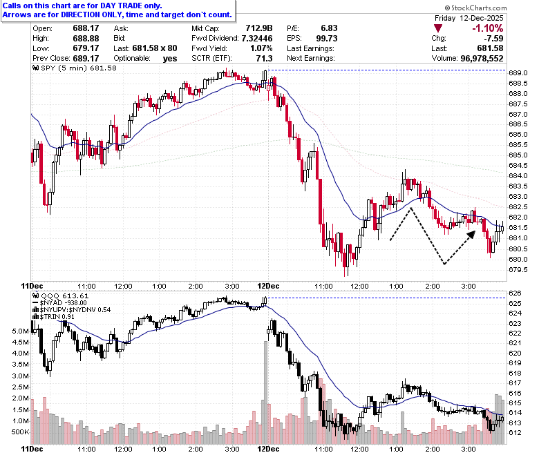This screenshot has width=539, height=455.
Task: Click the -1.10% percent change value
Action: (x=487, y=28)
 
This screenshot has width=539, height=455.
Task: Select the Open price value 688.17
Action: (x=86, y=28)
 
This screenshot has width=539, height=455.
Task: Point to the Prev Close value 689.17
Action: (x=86, y=59)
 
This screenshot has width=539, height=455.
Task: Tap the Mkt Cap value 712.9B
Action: (x=259, y=28)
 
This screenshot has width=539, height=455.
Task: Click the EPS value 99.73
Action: (x=327, y=39)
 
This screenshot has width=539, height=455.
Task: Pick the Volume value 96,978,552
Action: (x=482, y=59)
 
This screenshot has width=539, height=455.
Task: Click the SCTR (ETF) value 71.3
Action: (x=264, y=59)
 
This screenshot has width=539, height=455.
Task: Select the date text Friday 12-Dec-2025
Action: (x=469, y=18)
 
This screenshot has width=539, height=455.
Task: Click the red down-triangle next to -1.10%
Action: (x=438, y=28)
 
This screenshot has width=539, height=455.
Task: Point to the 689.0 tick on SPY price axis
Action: (x=518, y=72)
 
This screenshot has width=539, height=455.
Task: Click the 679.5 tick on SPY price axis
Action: (x=518, y=269)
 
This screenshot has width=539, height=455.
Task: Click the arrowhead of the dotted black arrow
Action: (x=472, y=234)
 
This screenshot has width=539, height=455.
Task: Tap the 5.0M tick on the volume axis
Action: (x=20, y=331)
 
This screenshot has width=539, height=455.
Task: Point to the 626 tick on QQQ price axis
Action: (x=515, y=293)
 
